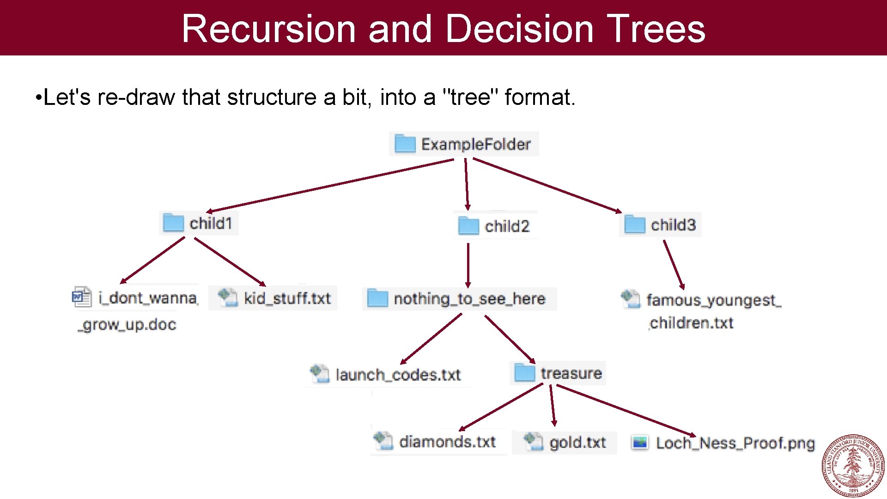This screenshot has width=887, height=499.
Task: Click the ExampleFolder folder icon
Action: [x=405, y=144]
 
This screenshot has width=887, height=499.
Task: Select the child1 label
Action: [x=211, y=224]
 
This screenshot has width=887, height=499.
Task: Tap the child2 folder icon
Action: [x=468, y=226]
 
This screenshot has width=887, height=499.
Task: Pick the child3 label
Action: [x=673, y=225]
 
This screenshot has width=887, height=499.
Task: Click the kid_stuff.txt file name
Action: [x=287, y=298]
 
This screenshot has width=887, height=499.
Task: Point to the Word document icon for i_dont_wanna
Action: [x=81, y=297]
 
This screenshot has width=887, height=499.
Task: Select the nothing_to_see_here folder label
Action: [x=469, y=299]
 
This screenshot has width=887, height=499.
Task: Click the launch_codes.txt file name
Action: [x=398, y=375]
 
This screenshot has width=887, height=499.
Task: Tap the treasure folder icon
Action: [x=524, y=372]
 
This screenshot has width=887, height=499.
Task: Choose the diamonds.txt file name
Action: [x=447, y=442]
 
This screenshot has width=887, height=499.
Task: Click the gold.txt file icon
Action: [x=533, y=442]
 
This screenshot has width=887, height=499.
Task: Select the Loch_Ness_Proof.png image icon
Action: [x=640, y=443]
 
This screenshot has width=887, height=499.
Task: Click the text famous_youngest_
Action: [x=713, y=300]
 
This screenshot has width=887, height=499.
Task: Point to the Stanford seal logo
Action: [x=853, y=465]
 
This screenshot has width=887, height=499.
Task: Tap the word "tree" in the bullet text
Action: [x=470, y=97]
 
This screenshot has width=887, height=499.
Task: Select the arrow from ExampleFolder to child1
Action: [x=330, y=186]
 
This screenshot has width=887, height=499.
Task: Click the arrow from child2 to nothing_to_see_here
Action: [x=468, y=266]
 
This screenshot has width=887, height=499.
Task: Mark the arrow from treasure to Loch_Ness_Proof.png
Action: [x=626, y=410]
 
